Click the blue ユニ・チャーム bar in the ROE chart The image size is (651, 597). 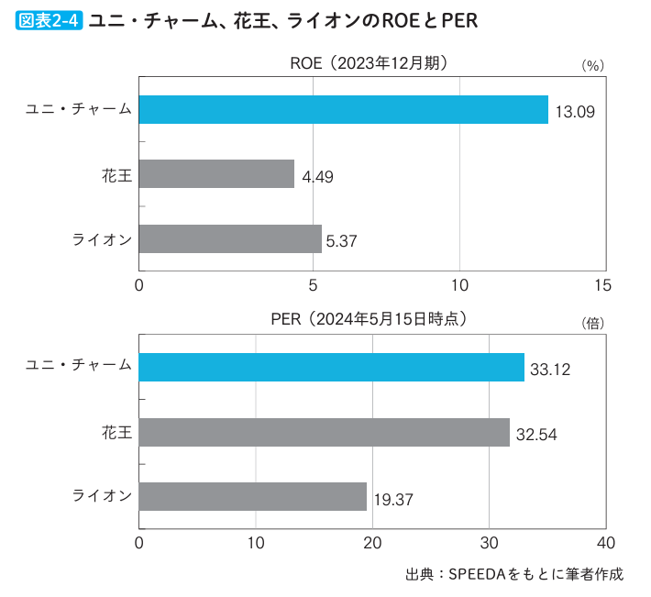tap(344, 109)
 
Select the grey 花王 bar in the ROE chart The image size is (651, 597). tap(217, 173)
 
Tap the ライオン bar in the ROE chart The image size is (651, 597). tap(231, 238)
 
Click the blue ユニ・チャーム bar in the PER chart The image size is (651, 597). tap(332, 368)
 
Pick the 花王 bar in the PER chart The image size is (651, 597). tap(325, 432)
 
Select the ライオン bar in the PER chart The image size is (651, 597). tap(253, 496)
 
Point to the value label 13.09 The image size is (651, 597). tap(575, 112)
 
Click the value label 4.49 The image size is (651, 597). tap(317, 176)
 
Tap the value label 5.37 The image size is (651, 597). tap(341, 241)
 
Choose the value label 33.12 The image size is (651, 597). tap(550, 370)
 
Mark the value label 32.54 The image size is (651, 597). tap(536, 435)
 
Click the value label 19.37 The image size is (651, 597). tap(393, 500)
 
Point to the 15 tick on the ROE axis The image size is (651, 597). tap(601, 285)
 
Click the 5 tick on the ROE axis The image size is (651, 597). tap(314, 285)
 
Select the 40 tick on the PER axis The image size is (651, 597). tap(605, 542)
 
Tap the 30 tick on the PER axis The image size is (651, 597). tap(489, 542)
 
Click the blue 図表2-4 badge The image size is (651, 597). tap(50, 19)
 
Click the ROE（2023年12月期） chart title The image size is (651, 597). tap(369, 62)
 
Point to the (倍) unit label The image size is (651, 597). tap(591, 324)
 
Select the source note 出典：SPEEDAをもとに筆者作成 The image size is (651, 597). tap(514, 574)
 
